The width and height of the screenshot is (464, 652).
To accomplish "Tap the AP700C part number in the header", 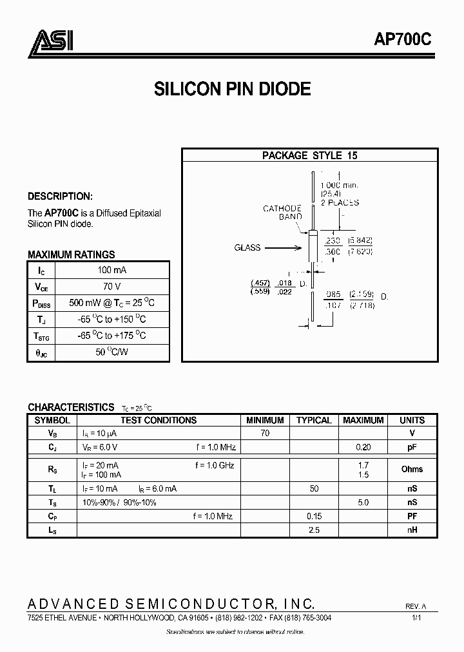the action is click(x=403, y=40).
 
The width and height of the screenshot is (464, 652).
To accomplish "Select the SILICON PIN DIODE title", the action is click(x=232, y=89).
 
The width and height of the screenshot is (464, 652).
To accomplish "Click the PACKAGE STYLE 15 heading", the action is click(x=309, y=155).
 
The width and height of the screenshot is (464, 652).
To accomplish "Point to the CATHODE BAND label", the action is click(x=282, y=213).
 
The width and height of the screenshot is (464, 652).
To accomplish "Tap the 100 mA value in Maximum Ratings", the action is click(x=112, y=270).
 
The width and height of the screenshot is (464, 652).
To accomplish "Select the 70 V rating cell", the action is click(x=112, y=287).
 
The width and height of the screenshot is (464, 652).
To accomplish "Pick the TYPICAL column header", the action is click(x=314, y=420).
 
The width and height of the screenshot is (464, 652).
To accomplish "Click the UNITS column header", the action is click(x=412, y=420).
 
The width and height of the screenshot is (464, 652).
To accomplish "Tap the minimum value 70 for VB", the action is click(x=265, y=434).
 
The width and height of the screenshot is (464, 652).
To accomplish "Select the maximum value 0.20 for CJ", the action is click(x=363, y=447).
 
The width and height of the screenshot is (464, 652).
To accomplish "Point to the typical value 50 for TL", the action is click(x=314, y=489).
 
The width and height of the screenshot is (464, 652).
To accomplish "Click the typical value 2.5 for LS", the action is click(x=314, y=530).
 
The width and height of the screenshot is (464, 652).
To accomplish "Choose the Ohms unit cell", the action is click(x=412, y=469).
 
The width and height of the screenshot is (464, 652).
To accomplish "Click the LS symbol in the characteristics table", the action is click(x=52, y=530).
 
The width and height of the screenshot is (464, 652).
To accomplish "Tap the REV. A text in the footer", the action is click(x=416, y=607).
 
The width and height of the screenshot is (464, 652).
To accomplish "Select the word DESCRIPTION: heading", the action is click(x=60, y=197).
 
